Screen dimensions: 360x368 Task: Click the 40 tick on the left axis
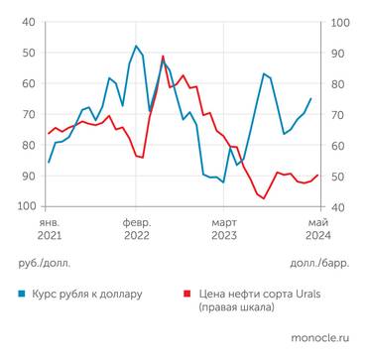[28, 22]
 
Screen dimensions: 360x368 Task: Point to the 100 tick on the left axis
[25, 207]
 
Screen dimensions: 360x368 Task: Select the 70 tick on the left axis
[28, 114]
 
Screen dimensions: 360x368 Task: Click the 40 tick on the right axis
[334, 207]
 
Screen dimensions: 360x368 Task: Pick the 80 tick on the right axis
[334, 83]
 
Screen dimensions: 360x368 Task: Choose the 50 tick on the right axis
[334, 177]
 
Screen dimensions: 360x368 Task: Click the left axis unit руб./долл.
[45, 264]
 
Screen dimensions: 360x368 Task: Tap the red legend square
[186, 295]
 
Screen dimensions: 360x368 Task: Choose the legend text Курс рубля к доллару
[88, 295]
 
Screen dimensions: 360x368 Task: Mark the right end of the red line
[317, 176]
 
